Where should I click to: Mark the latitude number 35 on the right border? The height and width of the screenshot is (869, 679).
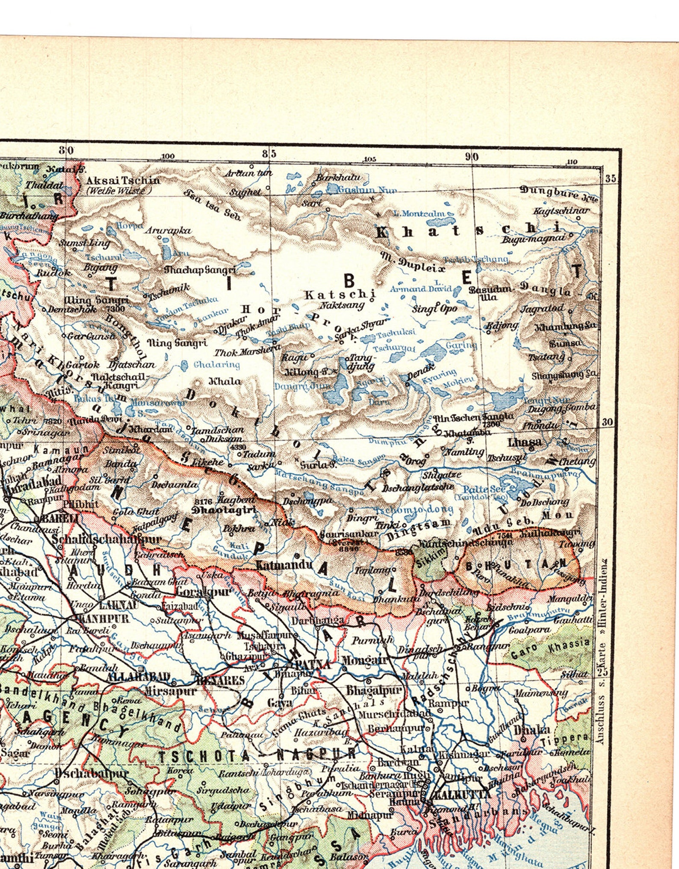[610, 178]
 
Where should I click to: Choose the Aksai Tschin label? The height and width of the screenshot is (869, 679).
[123, 180]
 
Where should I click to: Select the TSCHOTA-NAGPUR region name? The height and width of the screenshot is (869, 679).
[257, 756]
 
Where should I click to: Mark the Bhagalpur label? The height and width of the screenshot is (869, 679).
[374, 690]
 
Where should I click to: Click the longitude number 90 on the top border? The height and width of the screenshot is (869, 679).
[472, 157]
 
